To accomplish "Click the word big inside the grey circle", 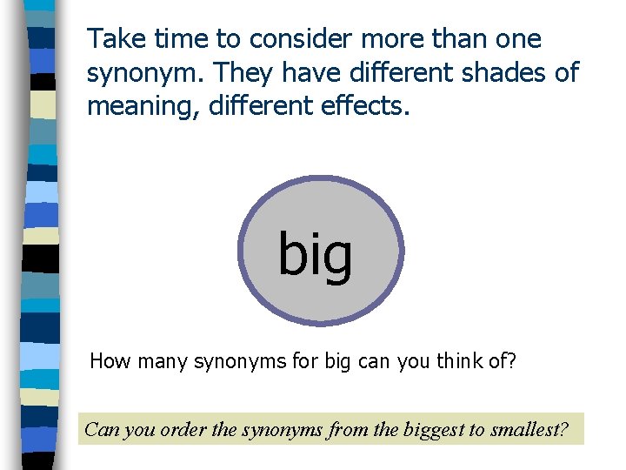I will (316, 254).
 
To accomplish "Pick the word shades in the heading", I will (508, 73).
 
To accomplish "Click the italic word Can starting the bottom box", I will (103, 429).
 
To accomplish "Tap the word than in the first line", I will (450, 39).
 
